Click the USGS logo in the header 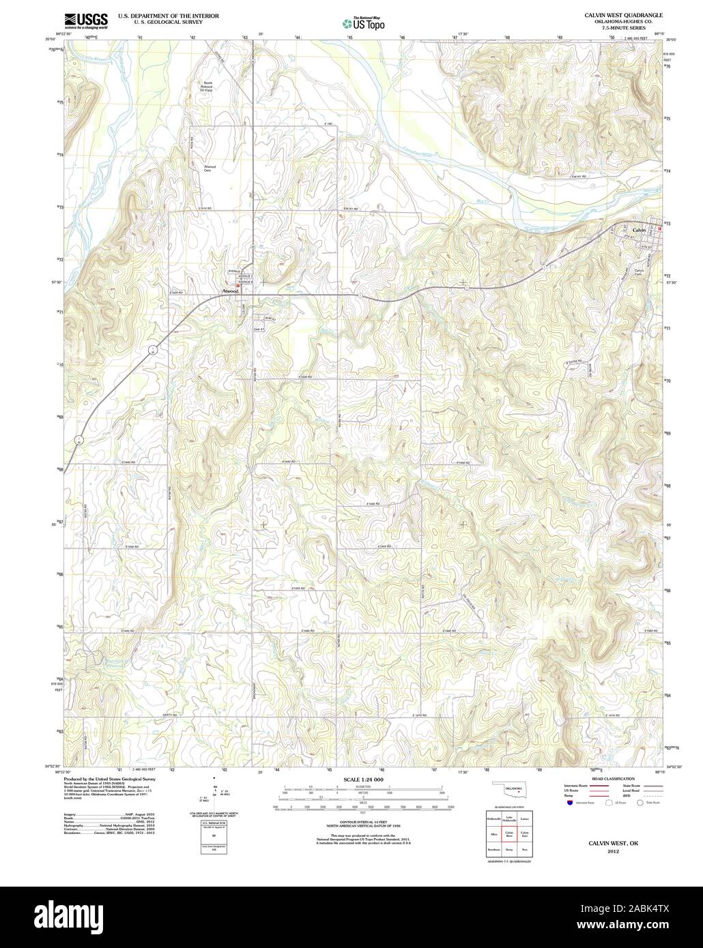click(85, 20)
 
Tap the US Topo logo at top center click(363, 23)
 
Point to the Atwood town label click(229, 291)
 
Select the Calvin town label click(639, 231)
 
